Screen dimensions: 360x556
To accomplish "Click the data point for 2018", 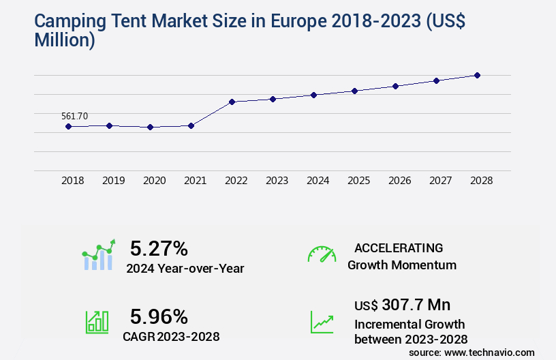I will tap(68, 126).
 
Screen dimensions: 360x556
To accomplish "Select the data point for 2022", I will tap(232, 102).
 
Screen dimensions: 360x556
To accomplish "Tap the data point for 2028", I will tap(477, 75).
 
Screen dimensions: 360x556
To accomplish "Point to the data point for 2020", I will tap(150, 127).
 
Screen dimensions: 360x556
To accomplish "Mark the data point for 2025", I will tap(354, 91).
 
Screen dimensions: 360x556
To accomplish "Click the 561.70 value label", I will tap(74, 116).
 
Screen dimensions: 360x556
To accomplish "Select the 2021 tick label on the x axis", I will tap(195, 181).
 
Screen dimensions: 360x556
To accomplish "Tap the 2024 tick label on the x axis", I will tap(318, 181).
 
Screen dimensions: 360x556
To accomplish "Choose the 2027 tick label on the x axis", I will tap(440, 181).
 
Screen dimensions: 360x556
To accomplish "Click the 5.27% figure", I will tap(159, 247).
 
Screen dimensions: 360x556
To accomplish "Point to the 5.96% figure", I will tap(159, 316).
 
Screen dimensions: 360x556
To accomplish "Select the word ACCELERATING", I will tap(399, 247).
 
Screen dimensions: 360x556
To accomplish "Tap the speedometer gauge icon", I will tap(322, 254).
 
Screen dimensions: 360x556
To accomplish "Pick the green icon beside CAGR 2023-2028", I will tap(97, 322).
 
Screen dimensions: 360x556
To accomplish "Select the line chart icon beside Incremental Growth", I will tap(322, 322).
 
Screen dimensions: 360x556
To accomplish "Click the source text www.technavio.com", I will tap(490, 352).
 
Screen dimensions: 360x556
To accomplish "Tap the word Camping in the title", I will tap(73, 22).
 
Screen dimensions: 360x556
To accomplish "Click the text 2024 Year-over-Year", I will tap(185, 269).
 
